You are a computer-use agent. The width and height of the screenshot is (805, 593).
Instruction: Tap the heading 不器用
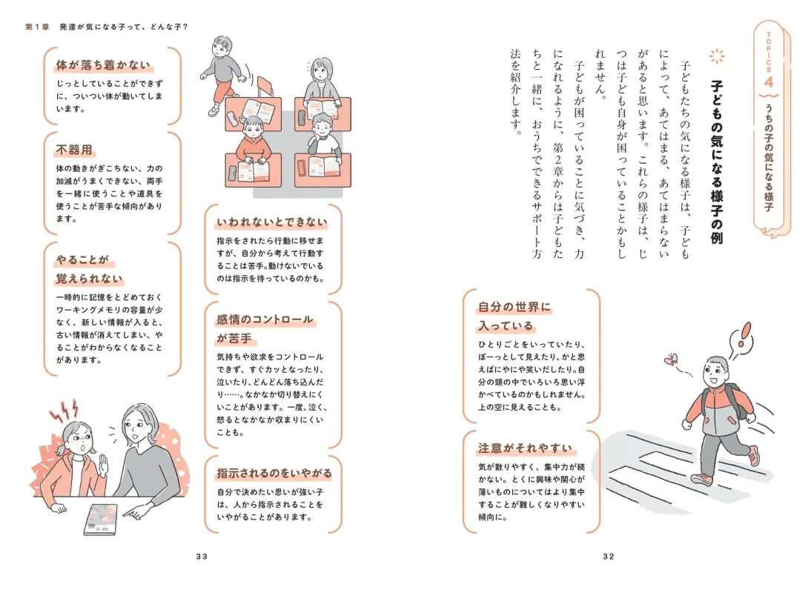[x=73, y=150]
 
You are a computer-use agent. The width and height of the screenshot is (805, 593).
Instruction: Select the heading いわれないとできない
[x=271, y=222]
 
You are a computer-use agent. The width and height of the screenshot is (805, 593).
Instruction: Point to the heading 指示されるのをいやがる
[x=274, y=473]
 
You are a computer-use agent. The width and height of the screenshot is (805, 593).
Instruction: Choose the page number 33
[x=201, y=557]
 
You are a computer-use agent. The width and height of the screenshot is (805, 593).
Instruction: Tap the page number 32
[x=609, y=557]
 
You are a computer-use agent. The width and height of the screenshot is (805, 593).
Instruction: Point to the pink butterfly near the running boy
[x=672, y=360]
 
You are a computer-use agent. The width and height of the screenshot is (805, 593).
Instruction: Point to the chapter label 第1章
[x=38, y=27]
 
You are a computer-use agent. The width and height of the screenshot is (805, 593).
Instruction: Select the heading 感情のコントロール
[x=265, y=320]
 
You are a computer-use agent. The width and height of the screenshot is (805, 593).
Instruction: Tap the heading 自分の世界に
[x=514, y=307]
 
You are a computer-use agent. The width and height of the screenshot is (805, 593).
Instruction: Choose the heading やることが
[x=82, y=260]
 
